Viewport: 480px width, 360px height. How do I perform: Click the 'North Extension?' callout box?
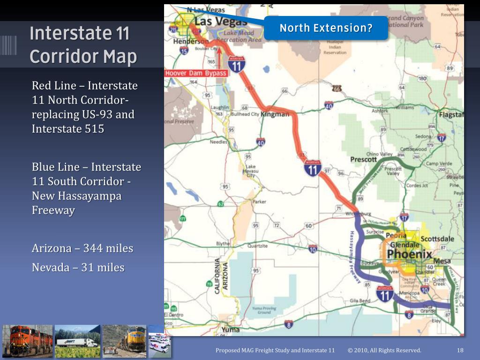(x=326, y=28)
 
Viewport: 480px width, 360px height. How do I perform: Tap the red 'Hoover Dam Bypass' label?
(x=196, y=73)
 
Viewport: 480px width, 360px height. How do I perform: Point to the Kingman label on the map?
(x=275, y=114)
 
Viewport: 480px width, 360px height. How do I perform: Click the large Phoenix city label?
(x=409, y=254)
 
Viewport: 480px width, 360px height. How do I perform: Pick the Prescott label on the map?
(x=363, y=159)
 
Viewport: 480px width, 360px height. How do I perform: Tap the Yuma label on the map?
(x=230, y=330)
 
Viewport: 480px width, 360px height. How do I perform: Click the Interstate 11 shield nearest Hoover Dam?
(x=237, y=64)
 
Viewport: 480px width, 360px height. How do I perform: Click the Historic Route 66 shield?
(x=337, y=88)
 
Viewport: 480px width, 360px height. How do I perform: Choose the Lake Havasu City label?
(x=251, y=171)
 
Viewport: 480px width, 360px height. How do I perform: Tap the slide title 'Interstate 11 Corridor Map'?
(x=83, y=45)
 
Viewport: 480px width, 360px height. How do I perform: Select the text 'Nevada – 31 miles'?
(x=78, y=268)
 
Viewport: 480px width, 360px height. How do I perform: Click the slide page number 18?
(x=460, y=350)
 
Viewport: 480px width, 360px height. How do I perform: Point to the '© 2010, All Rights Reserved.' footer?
(x=384, y=350)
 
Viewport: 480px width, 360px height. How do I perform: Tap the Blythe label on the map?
(x=223, y=244)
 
